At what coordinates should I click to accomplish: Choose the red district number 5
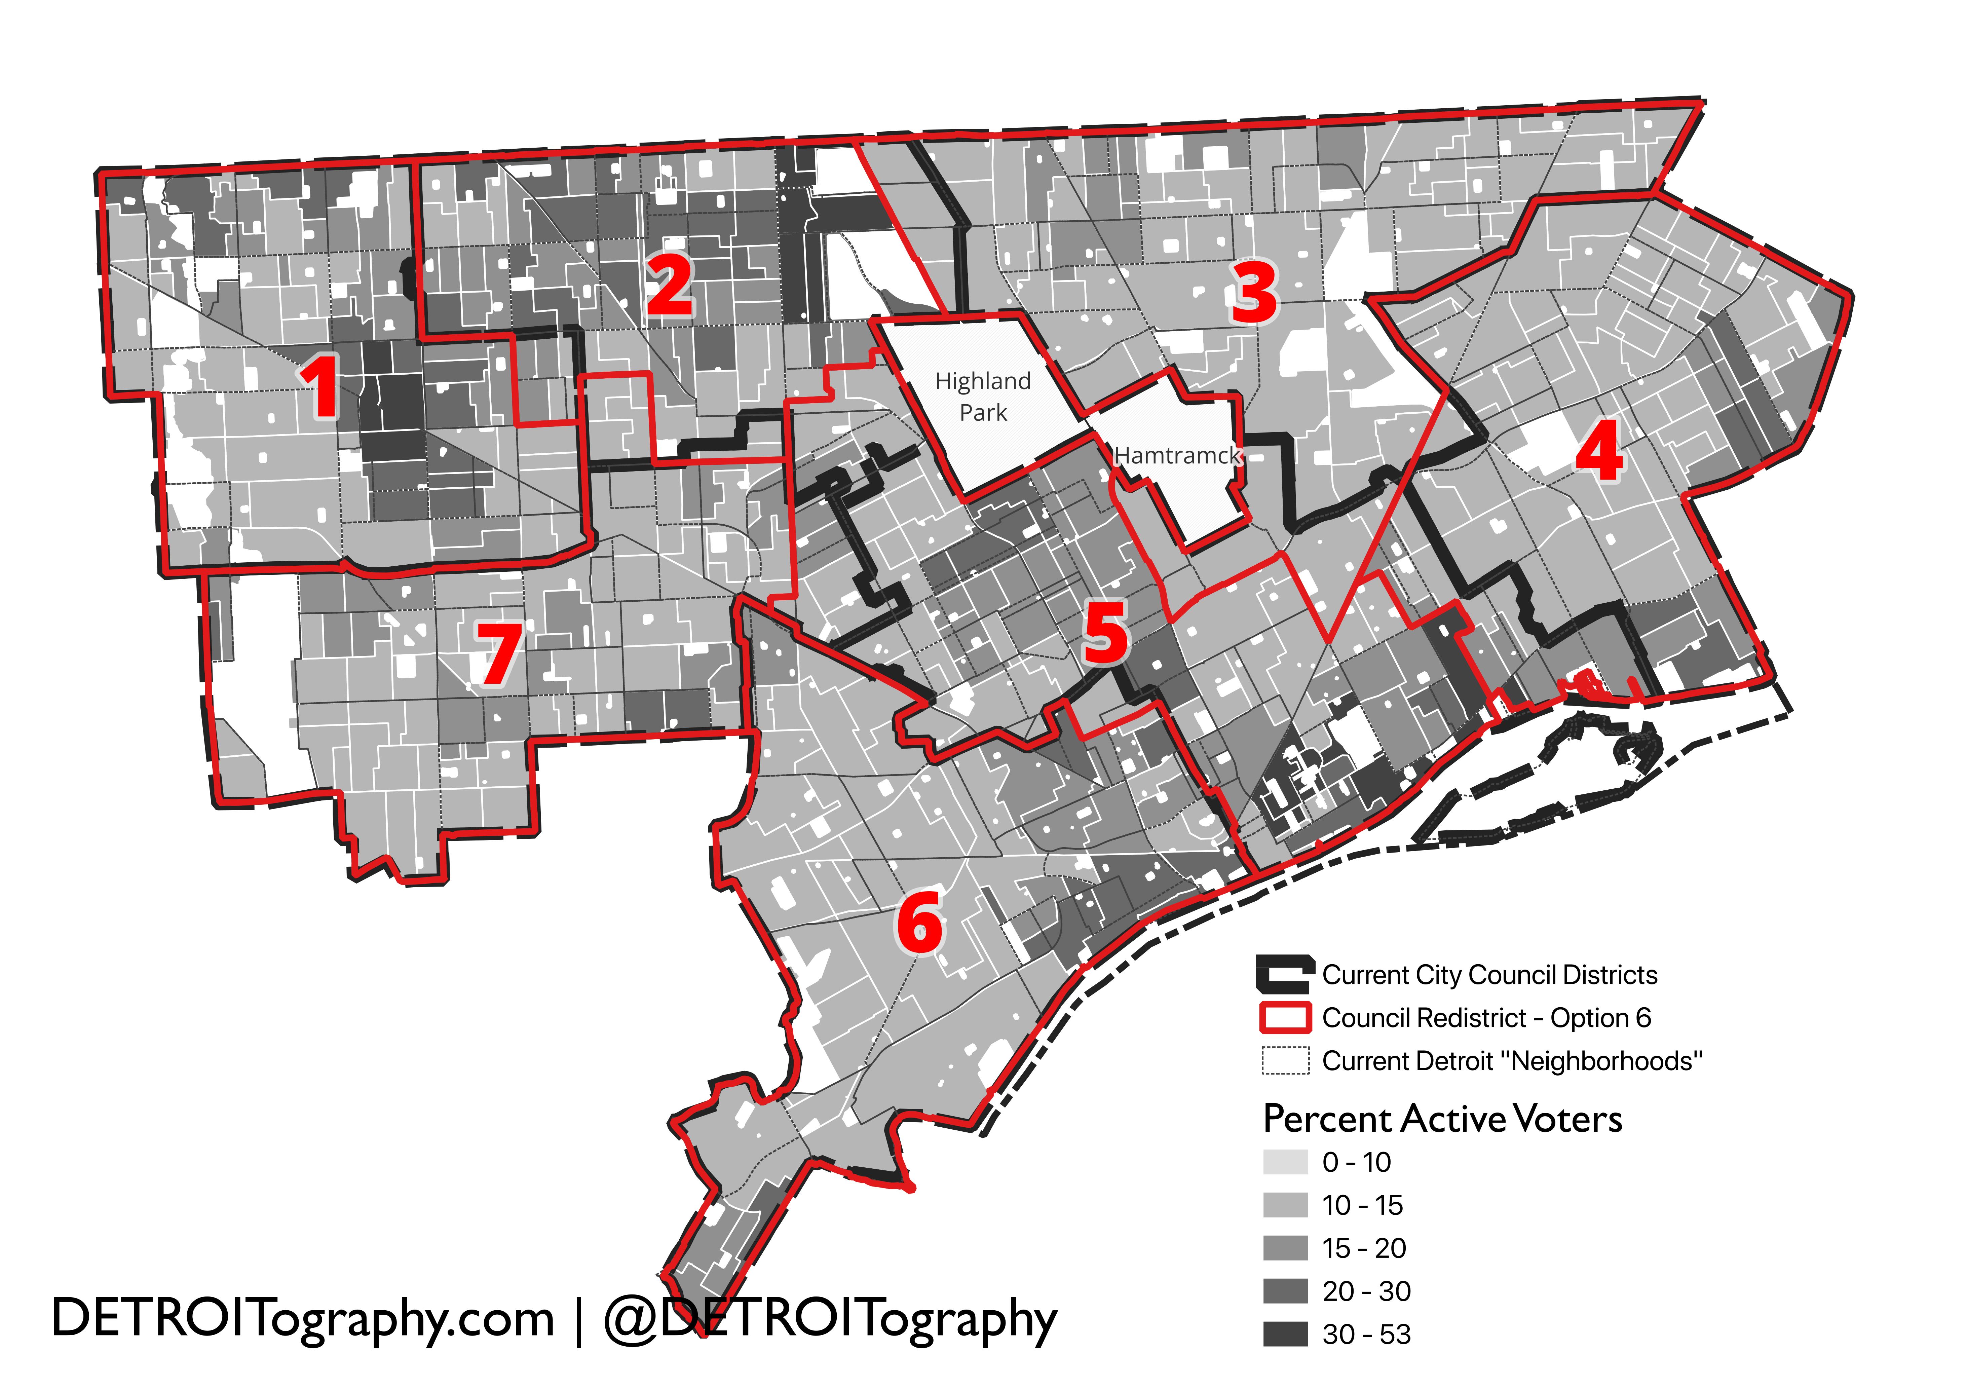coord(1105,633)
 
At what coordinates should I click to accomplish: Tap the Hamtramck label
coord(1177,456)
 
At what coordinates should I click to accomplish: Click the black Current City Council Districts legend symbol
coord(1284,974)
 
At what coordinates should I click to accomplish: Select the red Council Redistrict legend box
coord(1284,1017)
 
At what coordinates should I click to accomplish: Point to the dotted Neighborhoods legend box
coord(1284,1060)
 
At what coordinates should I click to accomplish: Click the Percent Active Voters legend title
coord(1442,1119)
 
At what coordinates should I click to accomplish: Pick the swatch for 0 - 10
coord(1284,1162)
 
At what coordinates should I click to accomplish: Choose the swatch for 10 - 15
coord(1284,1205)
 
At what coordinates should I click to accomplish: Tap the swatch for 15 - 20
coord(1284,1248)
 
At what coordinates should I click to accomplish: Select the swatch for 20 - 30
coord(1284,1291)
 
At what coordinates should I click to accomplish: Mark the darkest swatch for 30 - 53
coord(1284,1333)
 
